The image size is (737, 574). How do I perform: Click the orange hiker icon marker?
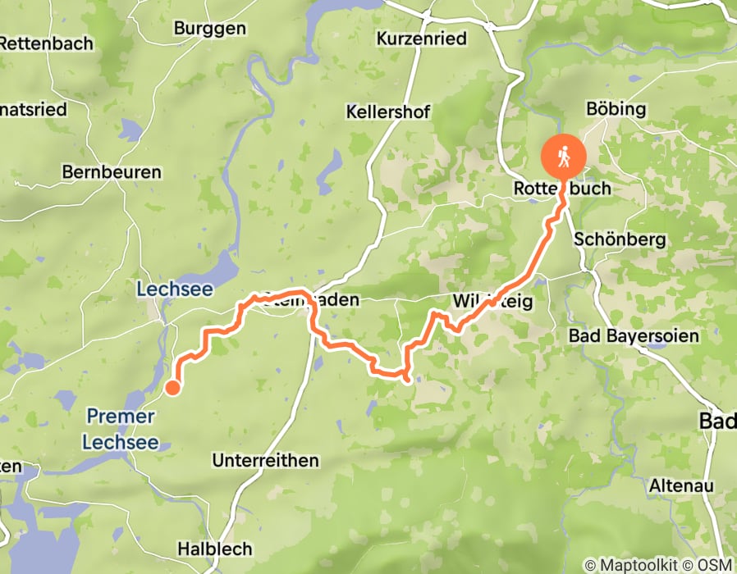click(563, 154)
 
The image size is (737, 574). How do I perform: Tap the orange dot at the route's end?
click(173, 388)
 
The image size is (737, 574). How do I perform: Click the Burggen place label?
click(209, 29)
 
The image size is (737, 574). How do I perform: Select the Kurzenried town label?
click(421, 39)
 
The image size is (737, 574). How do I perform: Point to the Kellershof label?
click(388, 112)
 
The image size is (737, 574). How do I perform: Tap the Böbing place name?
click(616, 109)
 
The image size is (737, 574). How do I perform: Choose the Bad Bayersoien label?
click(634, 336)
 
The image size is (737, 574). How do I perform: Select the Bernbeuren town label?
click(112, 173)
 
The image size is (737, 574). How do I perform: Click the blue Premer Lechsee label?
click(120, 429)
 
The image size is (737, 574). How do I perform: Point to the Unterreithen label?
click(265, 461)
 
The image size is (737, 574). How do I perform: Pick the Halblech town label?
click(215, 549)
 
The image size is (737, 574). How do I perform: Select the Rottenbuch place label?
click(562, 189)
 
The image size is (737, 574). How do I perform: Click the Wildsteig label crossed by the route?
click(492, 302)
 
